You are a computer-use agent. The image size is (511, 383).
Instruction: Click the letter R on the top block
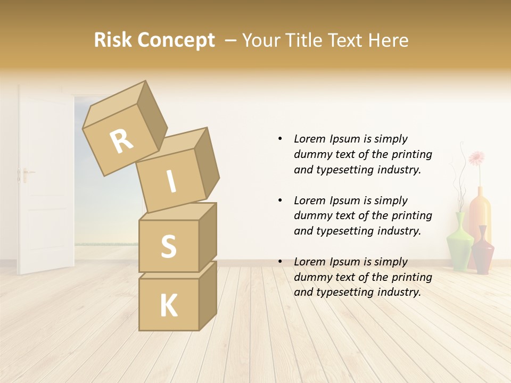pos(121,141)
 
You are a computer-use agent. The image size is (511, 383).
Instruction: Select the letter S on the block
pos(168,246)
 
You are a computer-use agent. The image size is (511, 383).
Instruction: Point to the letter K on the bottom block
pos(168,306)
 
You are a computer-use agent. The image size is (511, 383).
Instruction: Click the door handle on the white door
pos(24,173)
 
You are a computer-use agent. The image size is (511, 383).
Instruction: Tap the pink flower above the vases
pos(476,157)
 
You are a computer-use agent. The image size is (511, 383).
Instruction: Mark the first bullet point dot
pos(280,139)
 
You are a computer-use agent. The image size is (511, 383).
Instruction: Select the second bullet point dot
pos(280,201)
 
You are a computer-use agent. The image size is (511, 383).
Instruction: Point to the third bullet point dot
pos(280,262)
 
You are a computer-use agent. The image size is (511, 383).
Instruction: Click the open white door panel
pos(45,181)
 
